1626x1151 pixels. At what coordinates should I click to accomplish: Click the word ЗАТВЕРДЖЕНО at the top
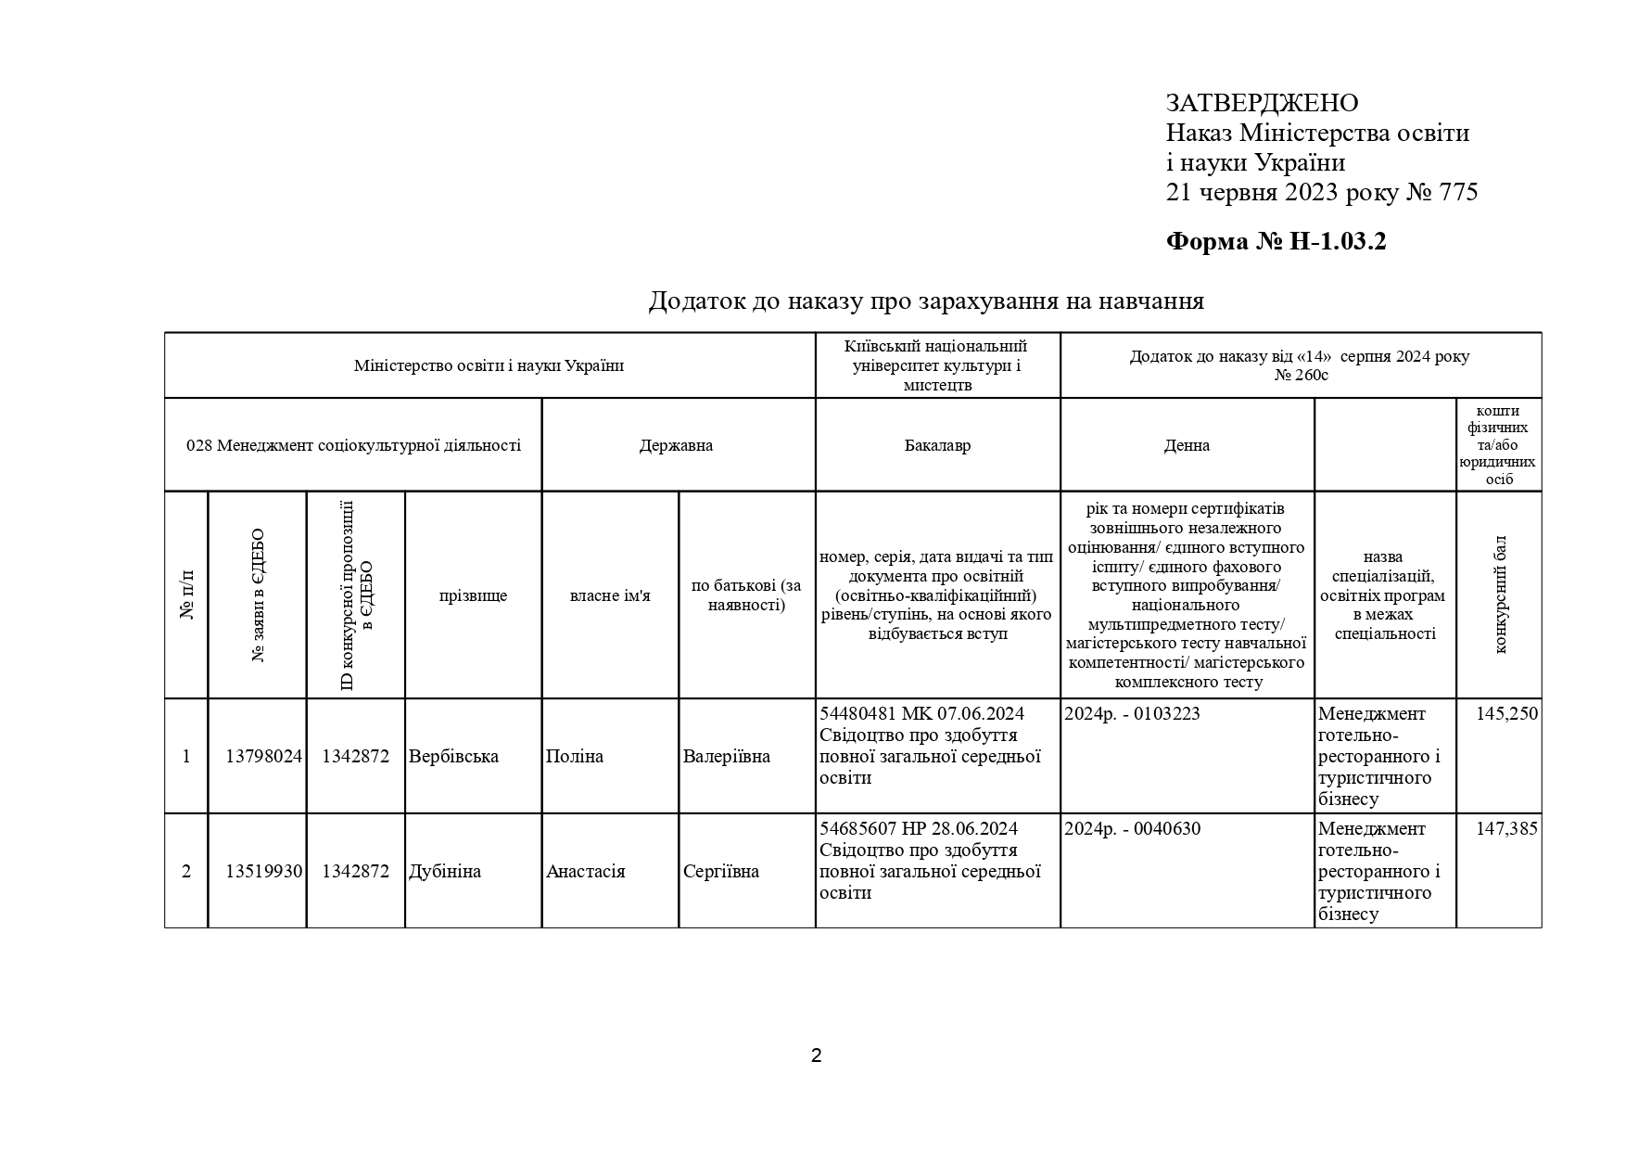[1262, 103]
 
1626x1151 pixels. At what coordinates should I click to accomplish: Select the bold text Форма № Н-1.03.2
[1276, 242]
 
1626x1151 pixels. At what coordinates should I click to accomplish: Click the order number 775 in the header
[1458, 193]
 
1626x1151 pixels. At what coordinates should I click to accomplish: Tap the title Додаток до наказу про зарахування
[925, 301]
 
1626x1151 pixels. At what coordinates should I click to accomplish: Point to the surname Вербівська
[453, 757]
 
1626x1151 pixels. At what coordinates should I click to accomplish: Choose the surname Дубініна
[445, 872]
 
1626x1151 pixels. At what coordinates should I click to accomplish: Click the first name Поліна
[575, 757]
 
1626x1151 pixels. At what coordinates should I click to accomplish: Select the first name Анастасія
[585, 872]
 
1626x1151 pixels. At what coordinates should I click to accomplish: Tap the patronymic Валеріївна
[726, 757]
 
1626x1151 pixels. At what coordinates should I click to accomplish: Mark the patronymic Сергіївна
[720, 872]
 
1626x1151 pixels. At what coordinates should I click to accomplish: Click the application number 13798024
[263, 757]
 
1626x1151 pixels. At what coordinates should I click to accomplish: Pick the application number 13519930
[263, 872]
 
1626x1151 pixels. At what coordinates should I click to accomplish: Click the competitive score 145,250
[1506, 714]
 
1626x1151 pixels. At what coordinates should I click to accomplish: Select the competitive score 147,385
[1506, 829]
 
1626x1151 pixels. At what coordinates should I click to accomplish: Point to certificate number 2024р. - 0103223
[1132, 714]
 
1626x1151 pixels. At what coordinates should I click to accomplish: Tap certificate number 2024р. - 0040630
[1132, 829]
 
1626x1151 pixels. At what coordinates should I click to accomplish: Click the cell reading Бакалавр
[937, 445]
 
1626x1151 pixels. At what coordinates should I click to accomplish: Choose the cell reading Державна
[676, 445]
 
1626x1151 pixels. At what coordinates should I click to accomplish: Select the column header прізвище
[473, 595]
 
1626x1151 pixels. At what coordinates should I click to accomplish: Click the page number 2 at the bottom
[816, 1055]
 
